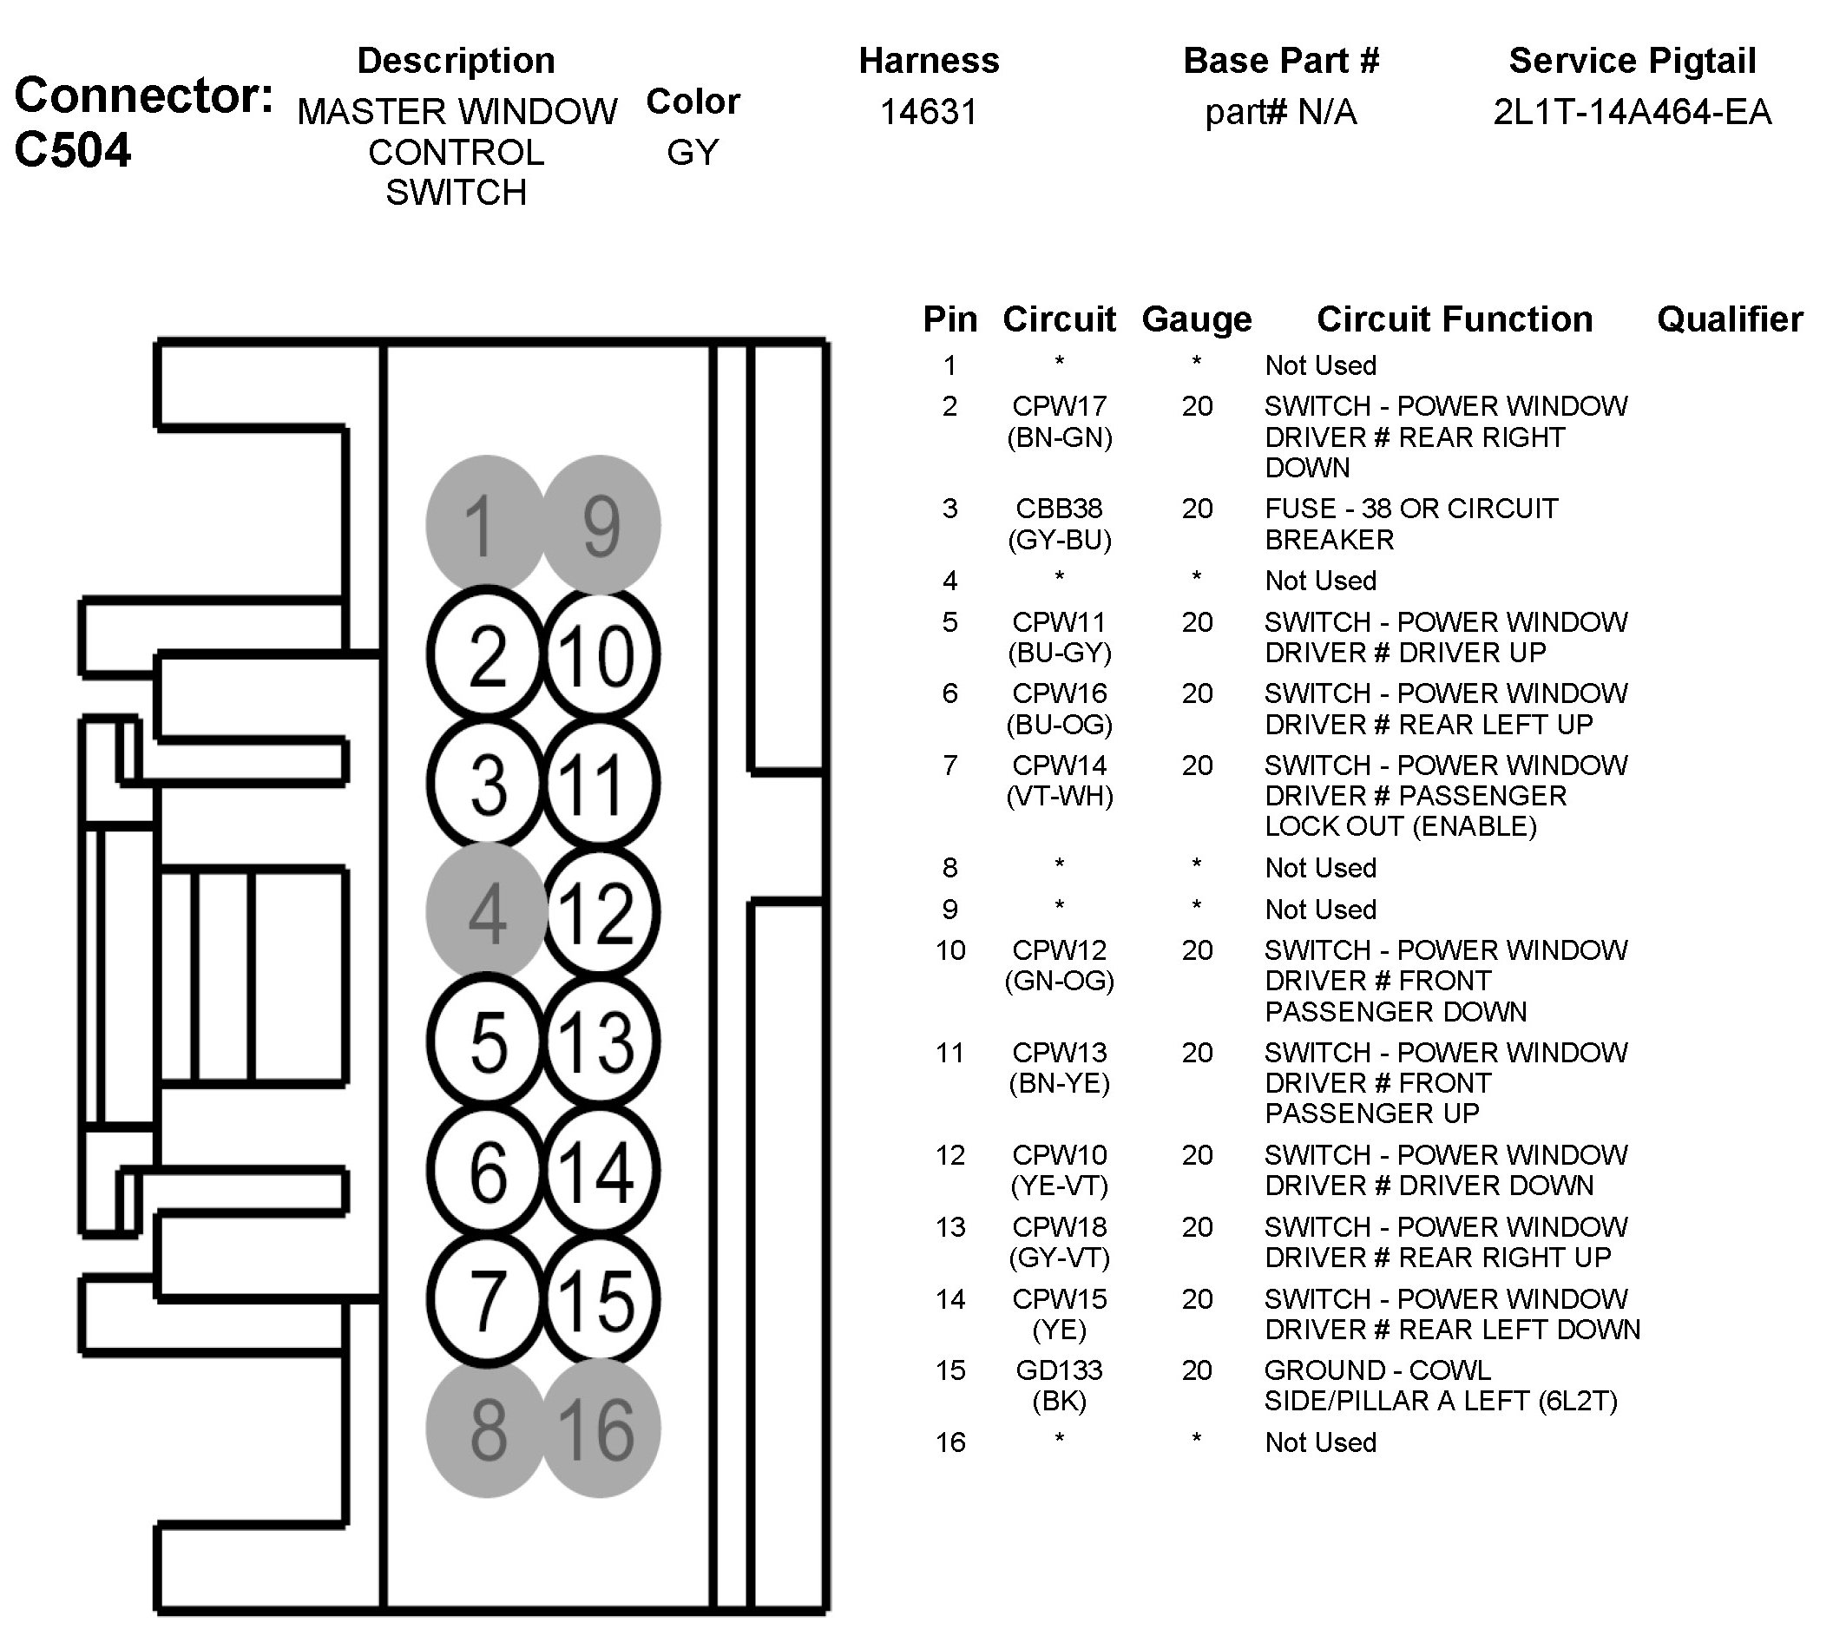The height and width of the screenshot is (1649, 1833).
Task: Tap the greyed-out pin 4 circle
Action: (487, 910)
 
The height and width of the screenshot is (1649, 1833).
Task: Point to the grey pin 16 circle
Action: (599, 1429)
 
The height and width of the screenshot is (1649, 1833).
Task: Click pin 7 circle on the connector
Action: (487, 1300)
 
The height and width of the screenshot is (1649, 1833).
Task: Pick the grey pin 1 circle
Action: (487, 523)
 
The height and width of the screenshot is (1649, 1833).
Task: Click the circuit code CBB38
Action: (1058, 509)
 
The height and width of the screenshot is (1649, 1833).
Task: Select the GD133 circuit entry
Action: (1058, 1370)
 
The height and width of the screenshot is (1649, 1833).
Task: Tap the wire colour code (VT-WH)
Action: (1059, 797)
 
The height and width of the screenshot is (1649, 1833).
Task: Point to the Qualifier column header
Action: (1729, 319)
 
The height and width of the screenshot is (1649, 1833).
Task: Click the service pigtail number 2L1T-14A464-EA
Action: (1632, 112)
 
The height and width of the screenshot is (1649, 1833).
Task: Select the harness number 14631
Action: (929, 112)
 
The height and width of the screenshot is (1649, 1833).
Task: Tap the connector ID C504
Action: (73, 150)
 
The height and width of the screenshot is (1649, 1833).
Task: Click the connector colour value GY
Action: (693, 152)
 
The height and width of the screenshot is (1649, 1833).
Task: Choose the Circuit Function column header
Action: (1455, 319)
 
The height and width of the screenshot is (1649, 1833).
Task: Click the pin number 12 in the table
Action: (949, 1155)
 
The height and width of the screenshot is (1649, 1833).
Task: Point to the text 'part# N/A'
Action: (1280, 112)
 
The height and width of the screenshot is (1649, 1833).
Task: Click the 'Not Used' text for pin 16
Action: (1320, 1442)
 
